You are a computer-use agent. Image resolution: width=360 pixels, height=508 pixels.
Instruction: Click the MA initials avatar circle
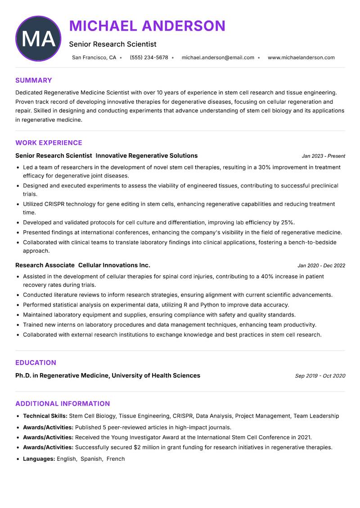(x=38, y=39)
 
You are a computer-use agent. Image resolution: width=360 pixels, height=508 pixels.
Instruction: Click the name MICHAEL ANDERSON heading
(x=147, y=26)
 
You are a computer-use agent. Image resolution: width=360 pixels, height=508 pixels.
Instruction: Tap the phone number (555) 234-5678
(x=149, y=58)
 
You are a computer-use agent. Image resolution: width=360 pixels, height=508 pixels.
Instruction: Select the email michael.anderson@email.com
(x=218, y=58)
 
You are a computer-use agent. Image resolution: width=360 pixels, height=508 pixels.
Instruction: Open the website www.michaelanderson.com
(x=301, y=58)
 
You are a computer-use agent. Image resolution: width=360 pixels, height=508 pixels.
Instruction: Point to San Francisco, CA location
(x=94, y=58)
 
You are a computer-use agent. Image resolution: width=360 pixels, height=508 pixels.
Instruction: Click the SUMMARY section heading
(x=34, y=80)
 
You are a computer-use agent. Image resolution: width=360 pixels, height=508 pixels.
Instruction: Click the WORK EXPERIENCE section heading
(x=49, y=143)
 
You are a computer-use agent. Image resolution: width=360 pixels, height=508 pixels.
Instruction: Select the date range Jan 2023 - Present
(x=323, y=156)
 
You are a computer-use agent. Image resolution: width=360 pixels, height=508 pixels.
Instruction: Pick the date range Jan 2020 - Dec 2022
(x=321, y=266)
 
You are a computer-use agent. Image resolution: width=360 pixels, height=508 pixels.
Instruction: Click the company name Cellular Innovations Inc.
(x=114, y=265)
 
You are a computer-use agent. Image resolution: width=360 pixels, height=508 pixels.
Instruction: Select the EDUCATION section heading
(x=36, y=363)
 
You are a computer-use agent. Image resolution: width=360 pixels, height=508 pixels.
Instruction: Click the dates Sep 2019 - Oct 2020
(x=320, y=376)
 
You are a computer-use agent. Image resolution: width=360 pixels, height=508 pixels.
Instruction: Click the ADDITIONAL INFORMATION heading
(x=63, y=404)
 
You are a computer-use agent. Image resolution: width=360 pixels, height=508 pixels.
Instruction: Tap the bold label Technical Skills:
(x=45, y=416)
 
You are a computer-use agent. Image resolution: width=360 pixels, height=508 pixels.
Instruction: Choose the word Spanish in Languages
(x=91, y=459)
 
